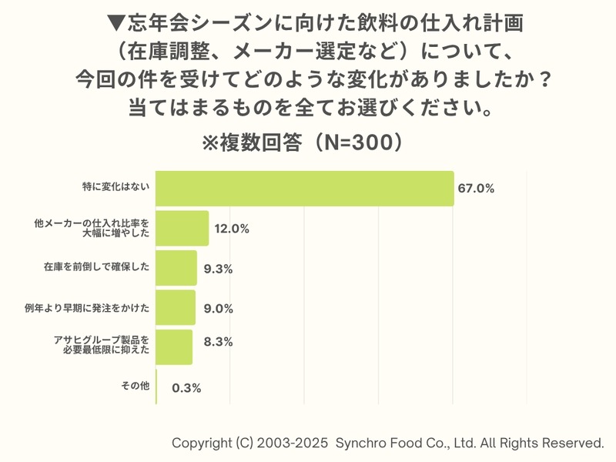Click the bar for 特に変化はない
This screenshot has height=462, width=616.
pos(304,188)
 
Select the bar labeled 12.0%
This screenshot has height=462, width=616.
pos(182,228)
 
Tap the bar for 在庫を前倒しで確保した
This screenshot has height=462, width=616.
pos(176,268)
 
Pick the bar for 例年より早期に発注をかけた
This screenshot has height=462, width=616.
pos(176,308)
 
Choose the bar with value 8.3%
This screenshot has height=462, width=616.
pos(174,347)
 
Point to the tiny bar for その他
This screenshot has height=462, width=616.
pos(156,387)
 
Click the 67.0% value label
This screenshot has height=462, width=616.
pos(475,189)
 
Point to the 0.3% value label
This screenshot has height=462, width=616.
pos(186,388)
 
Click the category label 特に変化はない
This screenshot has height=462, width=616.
pos(116,187)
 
